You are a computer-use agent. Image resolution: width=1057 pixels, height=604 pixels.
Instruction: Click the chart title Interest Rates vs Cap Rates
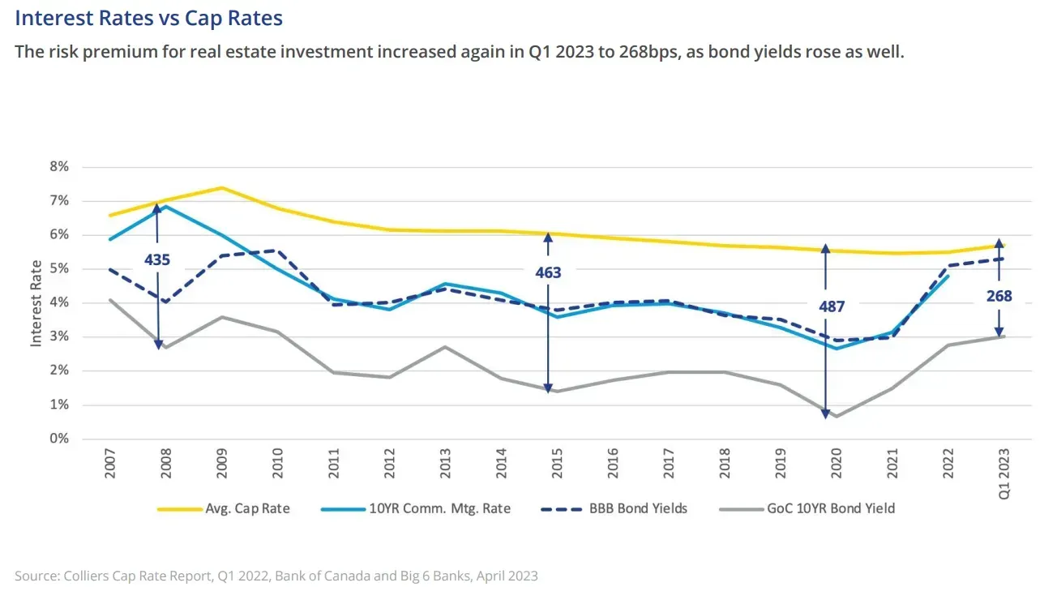click(148, 19)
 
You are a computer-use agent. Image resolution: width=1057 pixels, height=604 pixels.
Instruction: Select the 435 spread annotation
click(157, 260)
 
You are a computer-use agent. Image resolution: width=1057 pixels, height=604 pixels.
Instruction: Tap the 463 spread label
click(548, 272)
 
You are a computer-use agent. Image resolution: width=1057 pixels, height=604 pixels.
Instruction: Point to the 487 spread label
click(832, 306)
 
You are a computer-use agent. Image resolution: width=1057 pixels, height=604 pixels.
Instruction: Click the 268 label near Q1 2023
click(999, 297)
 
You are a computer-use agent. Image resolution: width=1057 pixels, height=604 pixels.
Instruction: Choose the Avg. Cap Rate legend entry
click(223, 508)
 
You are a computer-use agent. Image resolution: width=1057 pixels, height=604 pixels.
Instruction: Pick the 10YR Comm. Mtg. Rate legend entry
click(416, 508)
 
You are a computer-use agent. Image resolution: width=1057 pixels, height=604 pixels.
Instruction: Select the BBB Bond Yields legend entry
click(614, 508)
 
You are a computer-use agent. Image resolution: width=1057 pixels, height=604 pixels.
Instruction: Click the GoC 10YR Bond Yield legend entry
click(807, 508)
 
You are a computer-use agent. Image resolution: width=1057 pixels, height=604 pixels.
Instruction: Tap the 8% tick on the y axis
click(59, 166)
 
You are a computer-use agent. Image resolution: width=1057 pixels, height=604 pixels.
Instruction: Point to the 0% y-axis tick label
click(59, 439)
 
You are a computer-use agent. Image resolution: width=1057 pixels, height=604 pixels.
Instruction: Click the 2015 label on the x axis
click(557, 464)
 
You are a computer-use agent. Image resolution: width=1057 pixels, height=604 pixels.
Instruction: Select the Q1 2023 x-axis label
click(1004, 473)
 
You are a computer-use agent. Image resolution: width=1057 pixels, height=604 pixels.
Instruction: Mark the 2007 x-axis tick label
click(110, 464)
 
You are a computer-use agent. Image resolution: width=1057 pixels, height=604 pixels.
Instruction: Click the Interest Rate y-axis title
click(36, 303)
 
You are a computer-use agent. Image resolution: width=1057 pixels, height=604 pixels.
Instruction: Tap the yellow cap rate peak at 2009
click(222, 188)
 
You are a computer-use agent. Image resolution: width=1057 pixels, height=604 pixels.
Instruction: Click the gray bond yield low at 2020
click(837, 417)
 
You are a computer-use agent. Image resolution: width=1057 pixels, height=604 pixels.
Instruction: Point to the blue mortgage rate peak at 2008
click(165, 206)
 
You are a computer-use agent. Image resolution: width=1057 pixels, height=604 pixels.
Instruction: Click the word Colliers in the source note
click(87, 576)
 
